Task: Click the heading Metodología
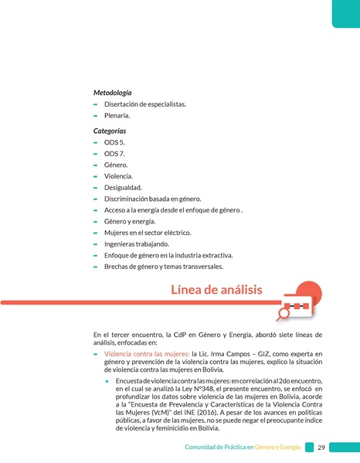click(112, 92)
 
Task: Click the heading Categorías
click(110, 131)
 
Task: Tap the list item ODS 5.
click(114, 143)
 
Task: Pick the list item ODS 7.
click(114, 154)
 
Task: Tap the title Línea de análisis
click(216, 290)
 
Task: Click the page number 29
click(321, 448)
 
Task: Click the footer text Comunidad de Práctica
click(214, 448)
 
